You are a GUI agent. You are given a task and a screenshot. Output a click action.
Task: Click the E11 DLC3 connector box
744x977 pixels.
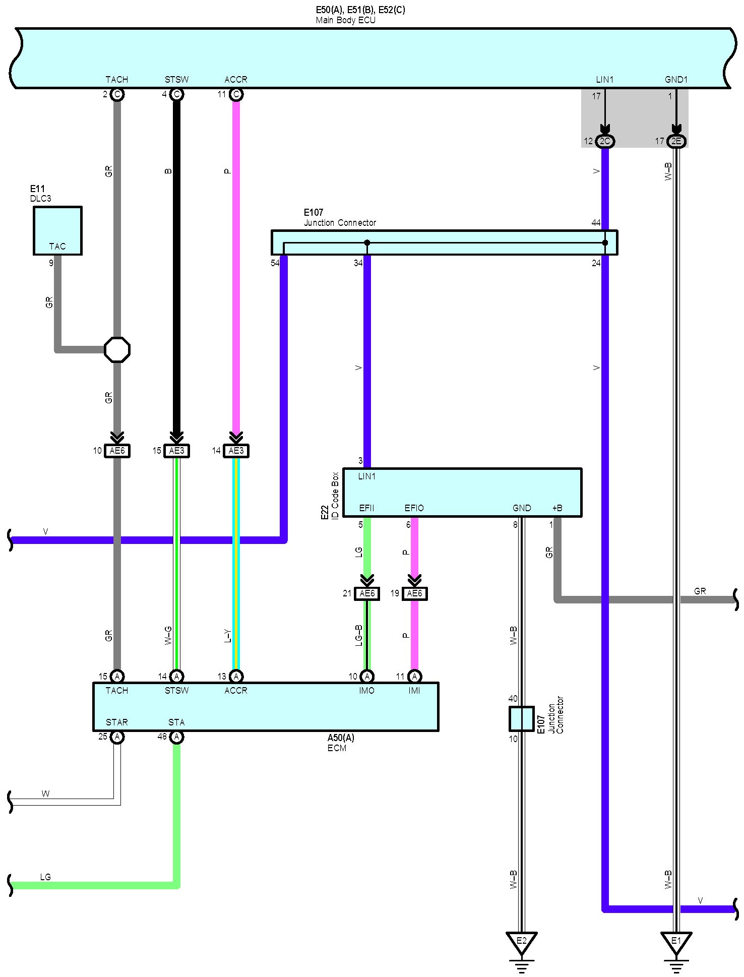[57, 230]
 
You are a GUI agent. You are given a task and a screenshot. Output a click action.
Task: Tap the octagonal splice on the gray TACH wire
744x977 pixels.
[117, 350]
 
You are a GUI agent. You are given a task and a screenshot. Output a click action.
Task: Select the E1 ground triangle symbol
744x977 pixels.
[676, 941]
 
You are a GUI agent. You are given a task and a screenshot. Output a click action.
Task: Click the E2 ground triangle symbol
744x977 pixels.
[521, 941]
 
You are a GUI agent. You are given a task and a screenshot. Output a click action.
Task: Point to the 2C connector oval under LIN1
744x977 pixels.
[605, 141]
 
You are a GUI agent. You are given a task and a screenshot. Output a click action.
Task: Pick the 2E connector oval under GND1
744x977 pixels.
[676, 141]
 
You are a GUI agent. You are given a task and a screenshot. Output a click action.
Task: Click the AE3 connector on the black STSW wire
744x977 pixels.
[176, 451]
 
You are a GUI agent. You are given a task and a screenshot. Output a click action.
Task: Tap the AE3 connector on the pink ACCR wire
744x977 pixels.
[236, 451]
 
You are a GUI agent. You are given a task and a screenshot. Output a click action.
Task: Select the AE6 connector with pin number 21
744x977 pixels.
[367, 593]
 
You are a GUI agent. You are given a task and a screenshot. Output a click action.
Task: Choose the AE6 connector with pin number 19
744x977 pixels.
[414, 593]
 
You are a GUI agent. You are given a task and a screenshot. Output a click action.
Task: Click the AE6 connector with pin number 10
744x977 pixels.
[117, 451]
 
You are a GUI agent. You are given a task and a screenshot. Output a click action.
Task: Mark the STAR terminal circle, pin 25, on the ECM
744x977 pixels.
[117, 737]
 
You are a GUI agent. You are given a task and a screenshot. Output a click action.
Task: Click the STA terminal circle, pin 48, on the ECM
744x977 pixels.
[176, 737]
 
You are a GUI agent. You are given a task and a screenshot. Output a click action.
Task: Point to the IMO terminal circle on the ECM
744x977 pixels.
[367, 677]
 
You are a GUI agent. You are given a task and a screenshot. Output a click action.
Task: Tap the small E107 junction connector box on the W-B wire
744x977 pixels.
[521, 718]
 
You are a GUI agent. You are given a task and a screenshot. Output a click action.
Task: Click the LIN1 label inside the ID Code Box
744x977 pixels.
[366, 476]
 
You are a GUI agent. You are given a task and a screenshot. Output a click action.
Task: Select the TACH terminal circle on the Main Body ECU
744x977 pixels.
[117, 94]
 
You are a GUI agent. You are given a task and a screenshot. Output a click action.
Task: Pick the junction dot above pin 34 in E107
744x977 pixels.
[367, 243]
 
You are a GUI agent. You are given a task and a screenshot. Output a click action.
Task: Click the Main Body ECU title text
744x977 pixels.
[345, 21]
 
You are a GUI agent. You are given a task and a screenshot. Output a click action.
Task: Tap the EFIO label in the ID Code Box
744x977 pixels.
[414, 508]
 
